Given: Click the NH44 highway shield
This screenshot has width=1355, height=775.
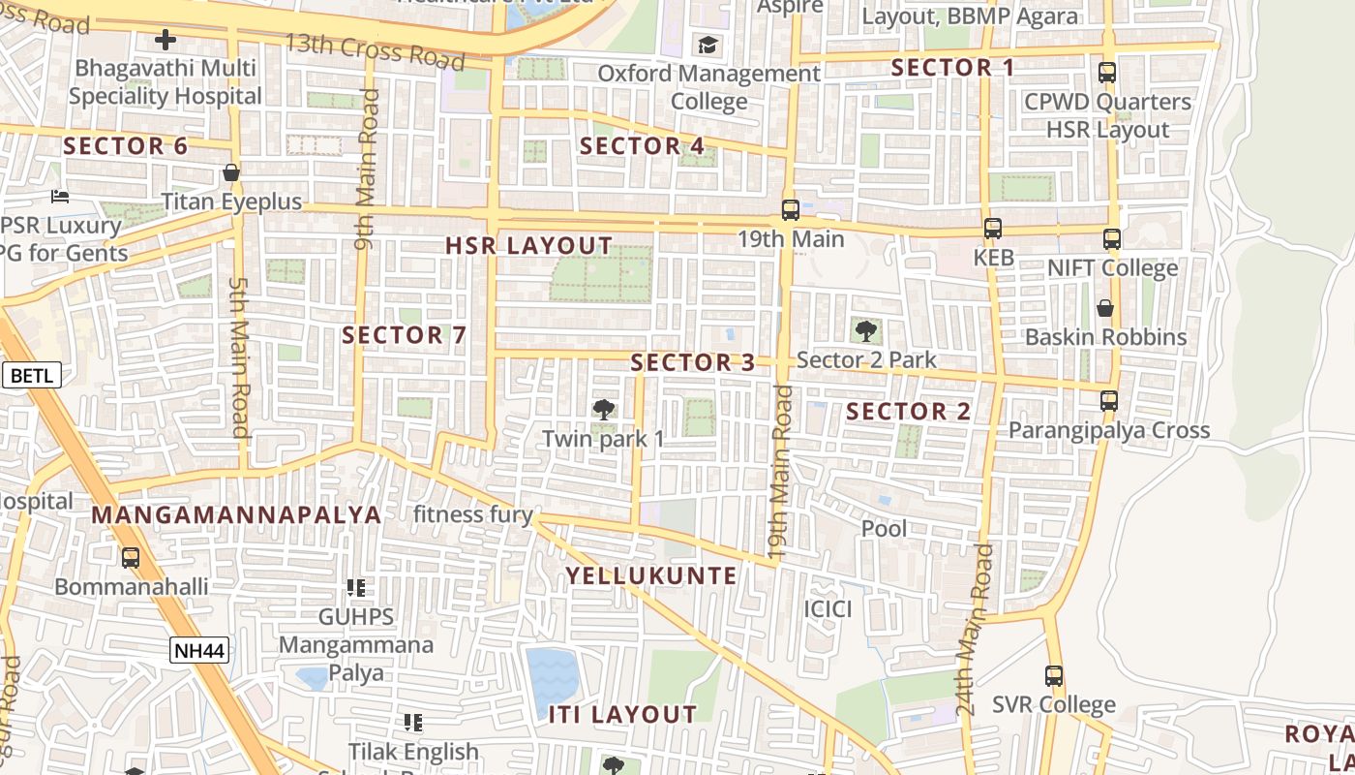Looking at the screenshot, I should [200, 650].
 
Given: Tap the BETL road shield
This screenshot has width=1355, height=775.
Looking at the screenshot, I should [33, 375].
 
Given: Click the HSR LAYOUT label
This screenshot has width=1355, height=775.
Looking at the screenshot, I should [529, 246].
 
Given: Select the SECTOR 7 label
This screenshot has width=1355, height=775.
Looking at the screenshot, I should [405, 336].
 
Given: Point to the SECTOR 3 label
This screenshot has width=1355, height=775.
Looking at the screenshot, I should [693, 363].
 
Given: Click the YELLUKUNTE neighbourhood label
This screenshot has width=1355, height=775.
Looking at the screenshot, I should [651, 576].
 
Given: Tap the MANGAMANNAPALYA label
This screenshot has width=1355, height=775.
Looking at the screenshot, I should [237, 514].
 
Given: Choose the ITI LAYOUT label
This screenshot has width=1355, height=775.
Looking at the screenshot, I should [623, 715].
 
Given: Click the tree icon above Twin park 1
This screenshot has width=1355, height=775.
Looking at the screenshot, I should [604, 410].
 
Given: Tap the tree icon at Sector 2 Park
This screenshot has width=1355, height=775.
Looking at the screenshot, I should [866, 331].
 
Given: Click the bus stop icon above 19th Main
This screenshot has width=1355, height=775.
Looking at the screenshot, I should [791, 210].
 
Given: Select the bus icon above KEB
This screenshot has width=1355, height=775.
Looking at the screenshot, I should [993, 229].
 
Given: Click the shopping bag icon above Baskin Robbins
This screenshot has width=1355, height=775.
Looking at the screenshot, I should [1105, 308].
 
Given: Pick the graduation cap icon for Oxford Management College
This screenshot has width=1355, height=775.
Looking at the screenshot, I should [708, 45].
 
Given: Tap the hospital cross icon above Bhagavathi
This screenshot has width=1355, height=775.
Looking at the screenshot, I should [166, 40].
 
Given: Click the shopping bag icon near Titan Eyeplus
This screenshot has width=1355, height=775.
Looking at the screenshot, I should [230, 172].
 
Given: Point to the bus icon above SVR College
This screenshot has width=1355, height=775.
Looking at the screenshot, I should [1054, 675].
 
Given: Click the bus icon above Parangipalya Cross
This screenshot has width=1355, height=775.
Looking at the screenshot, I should [1109, 400].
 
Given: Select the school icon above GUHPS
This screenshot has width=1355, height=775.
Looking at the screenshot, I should [356, 587].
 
